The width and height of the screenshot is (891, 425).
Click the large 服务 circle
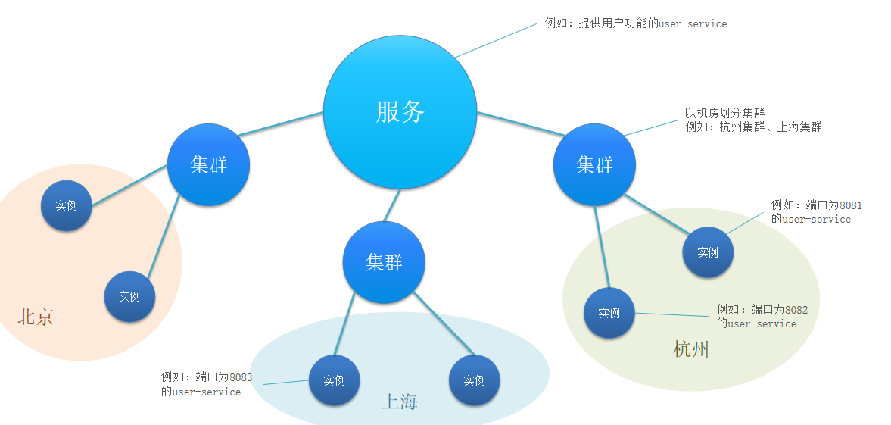pos(400,112)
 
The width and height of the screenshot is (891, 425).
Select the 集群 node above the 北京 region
pos(208,164)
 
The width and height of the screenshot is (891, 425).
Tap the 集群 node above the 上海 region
pos(384,262)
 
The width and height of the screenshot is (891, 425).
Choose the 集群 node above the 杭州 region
pos(594,164)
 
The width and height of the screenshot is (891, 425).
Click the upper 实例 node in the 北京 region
pos(67,205)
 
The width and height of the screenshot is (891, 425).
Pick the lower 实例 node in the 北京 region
pos(129,296)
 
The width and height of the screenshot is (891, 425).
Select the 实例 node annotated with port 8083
pos(334,380)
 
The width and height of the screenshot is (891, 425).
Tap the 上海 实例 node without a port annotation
pos(474,380)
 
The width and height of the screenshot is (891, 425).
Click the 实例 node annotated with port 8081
pos(708,252)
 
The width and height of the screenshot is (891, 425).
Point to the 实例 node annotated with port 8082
pos(609,313)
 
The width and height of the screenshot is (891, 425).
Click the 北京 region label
pos(36,317)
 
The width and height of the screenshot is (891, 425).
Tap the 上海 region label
pos(399,402)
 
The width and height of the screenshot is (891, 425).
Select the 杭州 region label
pos(691,349)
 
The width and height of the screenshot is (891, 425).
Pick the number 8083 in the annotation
pos(241,377)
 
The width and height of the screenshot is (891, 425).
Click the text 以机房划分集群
pos(724,113)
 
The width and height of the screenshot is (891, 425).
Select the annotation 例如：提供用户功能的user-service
pos(636,23)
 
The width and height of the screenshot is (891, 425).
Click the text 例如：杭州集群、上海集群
pos(753,127)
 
